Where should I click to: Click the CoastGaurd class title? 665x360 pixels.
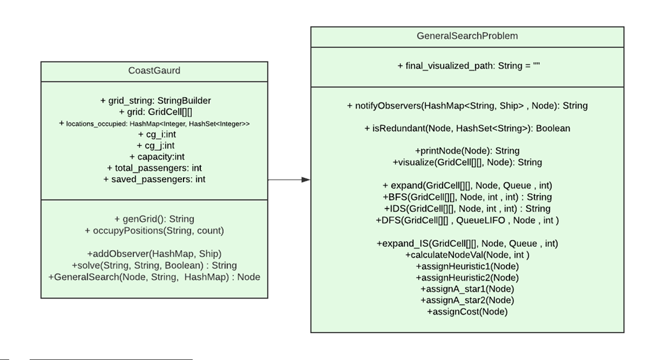[154, 71]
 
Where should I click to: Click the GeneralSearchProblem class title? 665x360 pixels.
[467, 36]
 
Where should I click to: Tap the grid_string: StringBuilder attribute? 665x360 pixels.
[155, 100]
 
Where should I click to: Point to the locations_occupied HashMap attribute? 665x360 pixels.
[154, 123]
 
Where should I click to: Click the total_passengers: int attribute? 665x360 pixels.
[154, 168]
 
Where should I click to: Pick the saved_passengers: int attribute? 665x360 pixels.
[154, 180]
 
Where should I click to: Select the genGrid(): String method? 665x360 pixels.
[154, 219]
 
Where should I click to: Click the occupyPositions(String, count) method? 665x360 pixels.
[154, 230]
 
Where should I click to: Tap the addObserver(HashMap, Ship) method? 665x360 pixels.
[154, 254]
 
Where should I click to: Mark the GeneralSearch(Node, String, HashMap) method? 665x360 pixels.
[154, 277]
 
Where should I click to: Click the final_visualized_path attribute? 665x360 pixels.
[467, 66]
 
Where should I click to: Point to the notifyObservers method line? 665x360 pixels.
[467, 106]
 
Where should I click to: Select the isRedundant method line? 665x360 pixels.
[467, 129]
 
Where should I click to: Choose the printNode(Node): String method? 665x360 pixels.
[467, 151]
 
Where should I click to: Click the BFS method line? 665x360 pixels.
[467, 197]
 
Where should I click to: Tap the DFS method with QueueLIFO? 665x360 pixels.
[467, 220]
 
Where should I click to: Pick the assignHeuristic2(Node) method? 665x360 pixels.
[467, 278]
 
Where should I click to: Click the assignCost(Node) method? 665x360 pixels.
[467, 311]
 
